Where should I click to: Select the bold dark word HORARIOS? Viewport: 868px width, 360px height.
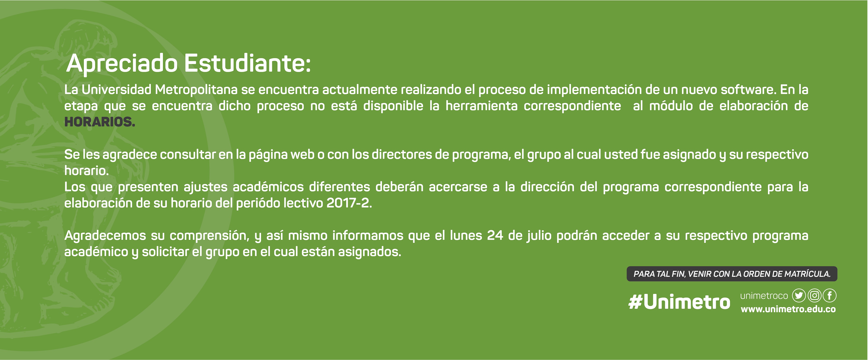coord(100,122)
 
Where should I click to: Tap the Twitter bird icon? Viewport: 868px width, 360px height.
coord(799,296)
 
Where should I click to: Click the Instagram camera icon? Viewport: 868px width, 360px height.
coord(814,296)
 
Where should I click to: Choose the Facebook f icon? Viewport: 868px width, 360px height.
coord(830,296)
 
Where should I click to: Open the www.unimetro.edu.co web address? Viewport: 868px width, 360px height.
coord(788,309)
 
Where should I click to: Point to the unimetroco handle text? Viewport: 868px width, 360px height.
coord(764,296)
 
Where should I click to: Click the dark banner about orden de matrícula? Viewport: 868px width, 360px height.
coord(732,274)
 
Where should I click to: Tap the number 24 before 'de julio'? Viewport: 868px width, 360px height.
coord(495,235)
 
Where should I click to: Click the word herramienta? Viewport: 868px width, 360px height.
coord(481,106)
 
